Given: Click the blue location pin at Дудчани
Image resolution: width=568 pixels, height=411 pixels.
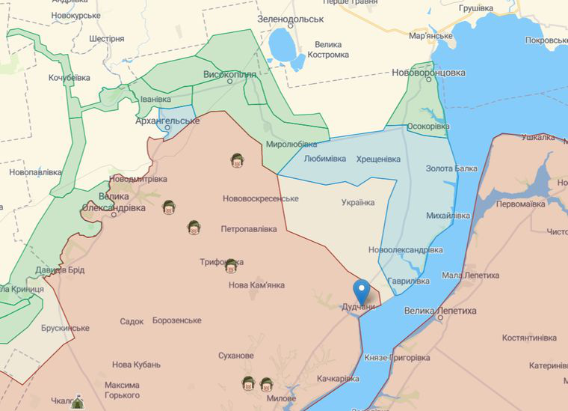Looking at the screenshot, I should pos(362,290).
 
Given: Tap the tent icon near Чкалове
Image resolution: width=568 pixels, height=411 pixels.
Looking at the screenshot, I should pos(77,403).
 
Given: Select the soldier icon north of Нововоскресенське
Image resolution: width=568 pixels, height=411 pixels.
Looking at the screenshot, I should pos(237,160).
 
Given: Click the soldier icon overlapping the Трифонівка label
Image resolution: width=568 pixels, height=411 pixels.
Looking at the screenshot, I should pos(231,265).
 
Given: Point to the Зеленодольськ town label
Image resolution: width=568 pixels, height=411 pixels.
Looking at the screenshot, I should pos(290,19).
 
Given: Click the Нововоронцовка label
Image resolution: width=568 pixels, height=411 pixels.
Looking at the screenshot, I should pos(428,73).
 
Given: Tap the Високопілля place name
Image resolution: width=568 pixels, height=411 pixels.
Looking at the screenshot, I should pos(229,75).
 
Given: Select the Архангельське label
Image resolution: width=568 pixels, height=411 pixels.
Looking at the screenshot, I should pos(167,120).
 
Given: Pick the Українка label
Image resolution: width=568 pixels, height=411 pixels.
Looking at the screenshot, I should pos(358,202).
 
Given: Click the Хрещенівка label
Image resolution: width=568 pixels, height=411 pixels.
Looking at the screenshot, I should pos(378,159).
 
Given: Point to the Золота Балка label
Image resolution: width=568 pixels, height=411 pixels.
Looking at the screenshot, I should pos(451,168).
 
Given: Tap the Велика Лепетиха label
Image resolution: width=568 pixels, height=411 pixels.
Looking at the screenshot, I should pos(439,310).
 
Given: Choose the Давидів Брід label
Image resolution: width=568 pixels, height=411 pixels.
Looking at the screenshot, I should pos(59,270).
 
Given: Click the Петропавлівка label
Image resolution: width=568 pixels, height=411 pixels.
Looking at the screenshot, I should pos(249,228).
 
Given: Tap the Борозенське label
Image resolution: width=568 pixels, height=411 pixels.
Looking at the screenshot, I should pos(176,320).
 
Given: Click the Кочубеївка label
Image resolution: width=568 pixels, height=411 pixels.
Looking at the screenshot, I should pos(70,77).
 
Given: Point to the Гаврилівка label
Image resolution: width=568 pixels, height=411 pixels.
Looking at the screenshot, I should pos(409,281).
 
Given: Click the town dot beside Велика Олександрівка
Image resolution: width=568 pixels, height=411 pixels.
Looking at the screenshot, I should pos(114,214).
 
